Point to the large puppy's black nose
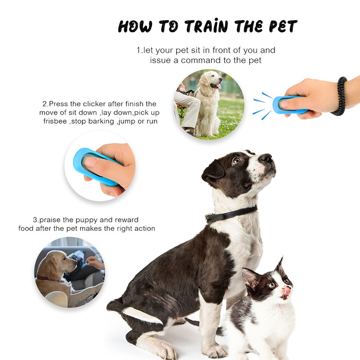pos(266,158)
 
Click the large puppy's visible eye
pos(236,161)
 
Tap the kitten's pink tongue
pos(287,291)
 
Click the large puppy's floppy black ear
pos(212,172)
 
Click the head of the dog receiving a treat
pos(61,261)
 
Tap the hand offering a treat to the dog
pos(95,262)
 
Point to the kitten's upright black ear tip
pos(282,259)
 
